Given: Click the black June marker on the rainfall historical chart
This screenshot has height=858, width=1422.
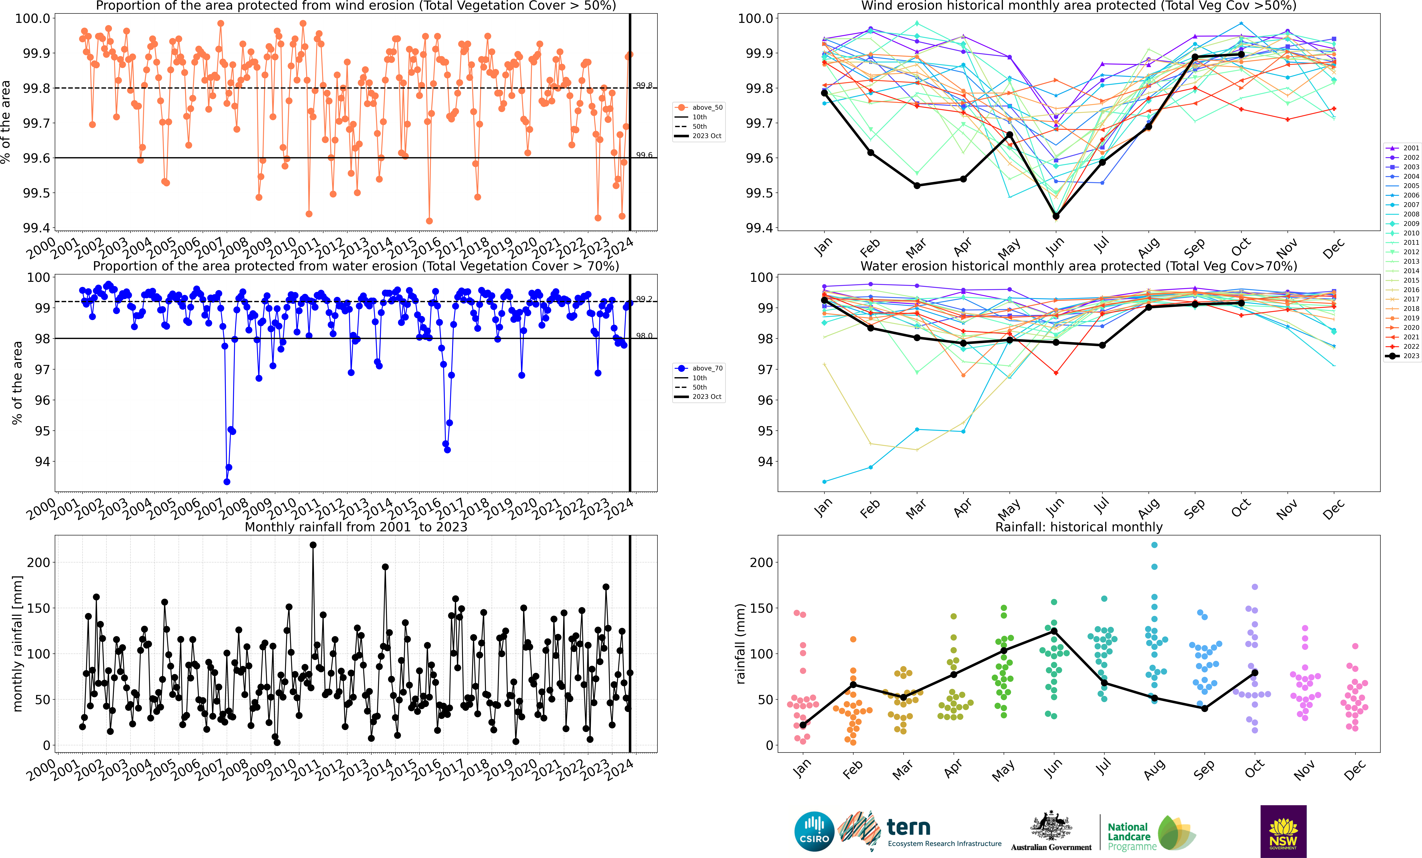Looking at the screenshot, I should tap(1054, 631).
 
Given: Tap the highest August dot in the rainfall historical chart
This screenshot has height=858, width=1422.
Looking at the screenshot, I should tap(1154, 545).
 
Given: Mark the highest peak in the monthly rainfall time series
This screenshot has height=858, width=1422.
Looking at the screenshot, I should tap(313, 545).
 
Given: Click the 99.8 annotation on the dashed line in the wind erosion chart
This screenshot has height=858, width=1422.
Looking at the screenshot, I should tap(644, 85).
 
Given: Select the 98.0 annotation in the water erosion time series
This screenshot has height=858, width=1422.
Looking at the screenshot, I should tap(644, 335).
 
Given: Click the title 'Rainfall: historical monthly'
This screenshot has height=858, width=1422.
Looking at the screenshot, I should tap(1079, 527).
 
